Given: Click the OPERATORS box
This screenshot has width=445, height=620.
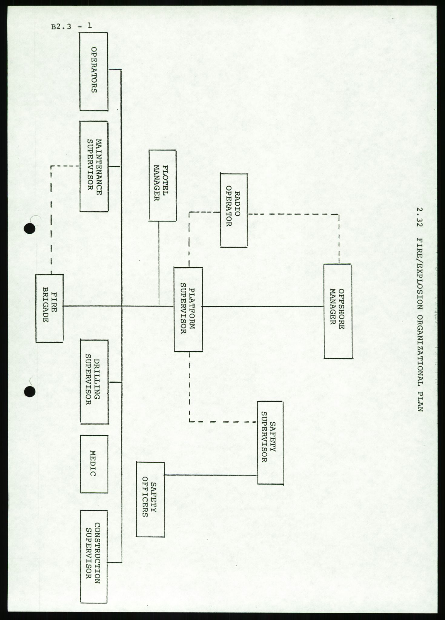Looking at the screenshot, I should (x=94, y=71).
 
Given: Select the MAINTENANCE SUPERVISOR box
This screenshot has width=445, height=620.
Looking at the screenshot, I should (x=94, y=166).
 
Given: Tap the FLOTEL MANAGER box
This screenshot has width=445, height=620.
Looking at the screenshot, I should (x=162, y=185).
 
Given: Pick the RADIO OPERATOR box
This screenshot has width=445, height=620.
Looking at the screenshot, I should (x=234, y=210).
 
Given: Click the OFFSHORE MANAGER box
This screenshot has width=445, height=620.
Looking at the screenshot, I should (x=338, y=311).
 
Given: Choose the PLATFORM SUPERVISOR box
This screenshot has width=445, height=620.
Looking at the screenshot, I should (x=188, y=309).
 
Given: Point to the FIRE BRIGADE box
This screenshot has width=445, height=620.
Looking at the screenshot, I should (x=49, y=308).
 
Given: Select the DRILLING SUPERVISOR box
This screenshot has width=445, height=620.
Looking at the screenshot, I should (x=94, y=382).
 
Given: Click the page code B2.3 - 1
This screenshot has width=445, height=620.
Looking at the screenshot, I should (x=71, y=26).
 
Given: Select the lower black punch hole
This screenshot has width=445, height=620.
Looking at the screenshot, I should (x=30, y=392).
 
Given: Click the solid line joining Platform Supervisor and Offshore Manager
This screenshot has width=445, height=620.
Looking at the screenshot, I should (x=263, y=306).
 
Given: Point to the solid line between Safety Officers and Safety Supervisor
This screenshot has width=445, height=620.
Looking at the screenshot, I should (x=211, y=475).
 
